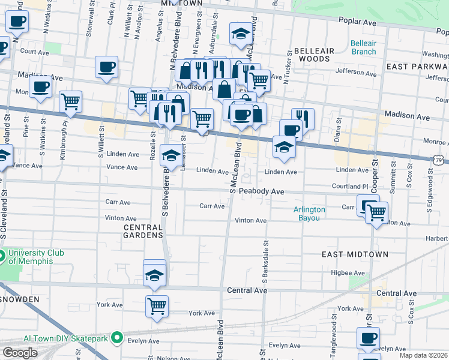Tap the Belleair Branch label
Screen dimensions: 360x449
tap(363, 47)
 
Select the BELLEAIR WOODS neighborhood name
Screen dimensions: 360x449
tap(314, 55)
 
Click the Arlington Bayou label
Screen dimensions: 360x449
tap(309, 214)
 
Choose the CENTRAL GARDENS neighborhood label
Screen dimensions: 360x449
tap(143, 232)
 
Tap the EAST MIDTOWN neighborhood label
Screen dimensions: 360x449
tap(355, 254)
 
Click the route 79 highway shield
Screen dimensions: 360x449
tap(441, 159)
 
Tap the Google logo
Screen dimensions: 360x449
tap(20, 353)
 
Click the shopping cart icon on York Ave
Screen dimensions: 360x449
tap(157, 305)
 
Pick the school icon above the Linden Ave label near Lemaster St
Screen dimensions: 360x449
tap(171, 154)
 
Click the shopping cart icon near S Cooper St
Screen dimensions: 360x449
tap(376, 212)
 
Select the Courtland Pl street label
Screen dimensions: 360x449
tap(348, 186)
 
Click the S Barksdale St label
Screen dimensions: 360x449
tap(264, 262)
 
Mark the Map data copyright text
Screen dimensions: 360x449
tap(423, 355)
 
